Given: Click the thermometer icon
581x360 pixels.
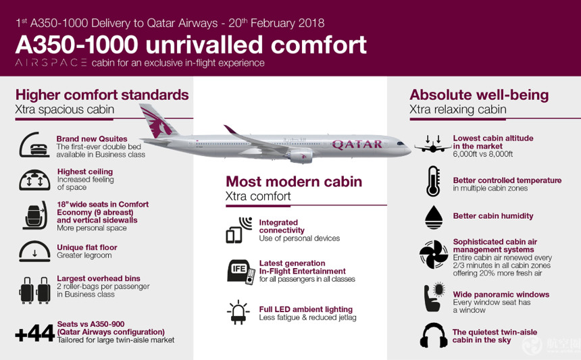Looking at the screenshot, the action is [433, 181].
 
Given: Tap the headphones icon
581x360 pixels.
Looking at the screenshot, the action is [433, 335].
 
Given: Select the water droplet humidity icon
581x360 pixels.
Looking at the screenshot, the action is [434, 217].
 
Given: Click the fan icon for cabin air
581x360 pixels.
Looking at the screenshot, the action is [434, 255].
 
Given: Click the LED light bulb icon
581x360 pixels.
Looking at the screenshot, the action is [238, 312].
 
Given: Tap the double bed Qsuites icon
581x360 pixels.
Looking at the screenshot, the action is [34, 145].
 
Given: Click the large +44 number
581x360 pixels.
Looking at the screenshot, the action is [35, 333].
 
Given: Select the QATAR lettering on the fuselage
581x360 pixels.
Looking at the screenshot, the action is [357, 144].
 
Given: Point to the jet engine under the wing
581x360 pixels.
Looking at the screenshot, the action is [300, 155].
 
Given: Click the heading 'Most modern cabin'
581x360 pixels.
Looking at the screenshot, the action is [294, 182].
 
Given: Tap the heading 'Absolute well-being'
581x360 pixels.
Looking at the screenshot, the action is [479, 95].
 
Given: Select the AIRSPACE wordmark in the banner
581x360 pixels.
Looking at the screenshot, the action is [51, 63].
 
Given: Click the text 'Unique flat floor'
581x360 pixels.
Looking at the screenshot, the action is [87, 247].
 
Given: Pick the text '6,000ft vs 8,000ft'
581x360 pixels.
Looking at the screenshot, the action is [483, 154].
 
